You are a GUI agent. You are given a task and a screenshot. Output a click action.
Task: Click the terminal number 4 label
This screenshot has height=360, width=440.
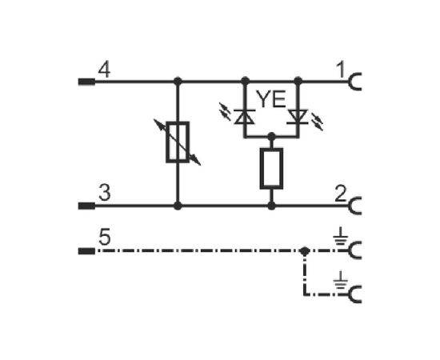coord(104,70)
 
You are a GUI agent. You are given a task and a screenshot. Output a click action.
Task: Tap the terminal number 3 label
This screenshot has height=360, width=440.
coord(105,194)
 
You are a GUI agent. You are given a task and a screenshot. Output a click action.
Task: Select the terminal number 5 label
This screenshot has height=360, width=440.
coord(105,238)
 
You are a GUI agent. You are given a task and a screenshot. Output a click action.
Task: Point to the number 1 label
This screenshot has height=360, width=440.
coord(340,70)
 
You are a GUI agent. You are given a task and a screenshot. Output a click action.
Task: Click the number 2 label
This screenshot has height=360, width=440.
coord(341,194)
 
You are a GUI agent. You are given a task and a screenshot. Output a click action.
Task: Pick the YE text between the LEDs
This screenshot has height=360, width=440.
coord(271,99)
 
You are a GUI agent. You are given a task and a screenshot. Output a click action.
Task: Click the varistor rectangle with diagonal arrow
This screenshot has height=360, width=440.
coord(178,142)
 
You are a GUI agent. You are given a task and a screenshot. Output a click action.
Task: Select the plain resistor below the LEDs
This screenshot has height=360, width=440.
coord(271,169)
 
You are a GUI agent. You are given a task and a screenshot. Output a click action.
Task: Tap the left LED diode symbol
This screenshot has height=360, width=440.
coord(245,117)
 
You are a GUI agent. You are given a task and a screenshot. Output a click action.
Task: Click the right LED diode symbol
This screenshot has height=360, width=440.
coord(298,117)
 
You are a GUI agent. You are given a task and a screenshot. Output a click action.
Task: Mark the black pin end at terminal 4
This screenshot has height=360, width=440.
coord(86,82)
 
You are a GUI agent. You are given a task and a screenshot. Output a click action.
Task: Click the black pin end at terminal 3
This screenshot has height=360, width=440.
coord(86,206)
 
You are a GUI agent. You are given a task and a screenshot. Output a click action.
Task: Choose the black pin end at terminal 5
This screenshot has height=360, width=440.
coord(86,251)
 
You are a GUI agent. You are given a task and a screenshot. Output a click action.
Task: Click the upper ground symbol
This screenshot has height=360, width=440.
coord(340,237)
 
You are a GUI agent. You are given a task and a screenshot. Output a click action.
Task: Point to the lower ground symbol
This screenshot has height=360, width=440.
coord(340,281)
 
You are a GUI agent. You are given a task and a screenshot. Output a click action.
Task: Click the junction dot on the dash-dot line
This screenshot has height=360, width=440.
coord(305,251)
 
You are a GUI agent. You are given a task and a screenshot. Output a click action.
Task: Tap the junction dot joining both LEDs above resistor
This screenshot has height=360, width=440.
coord(271,137)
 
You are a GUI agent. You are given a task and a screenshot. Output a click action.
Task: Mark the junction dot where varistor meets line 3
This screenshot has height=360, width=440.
coord(178,206)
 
